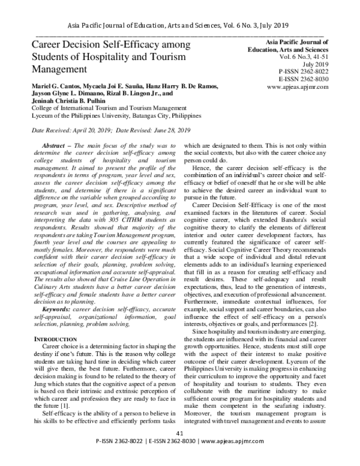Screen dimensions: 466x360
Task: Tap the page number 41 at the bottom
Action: [x=179, y=450]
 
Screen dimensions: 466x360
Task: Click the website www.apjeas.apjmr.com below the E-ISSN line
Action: [x=298, y=86]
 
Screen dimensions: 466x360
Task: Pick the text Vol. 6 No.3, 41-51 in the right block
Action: [x=298, y=56]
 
